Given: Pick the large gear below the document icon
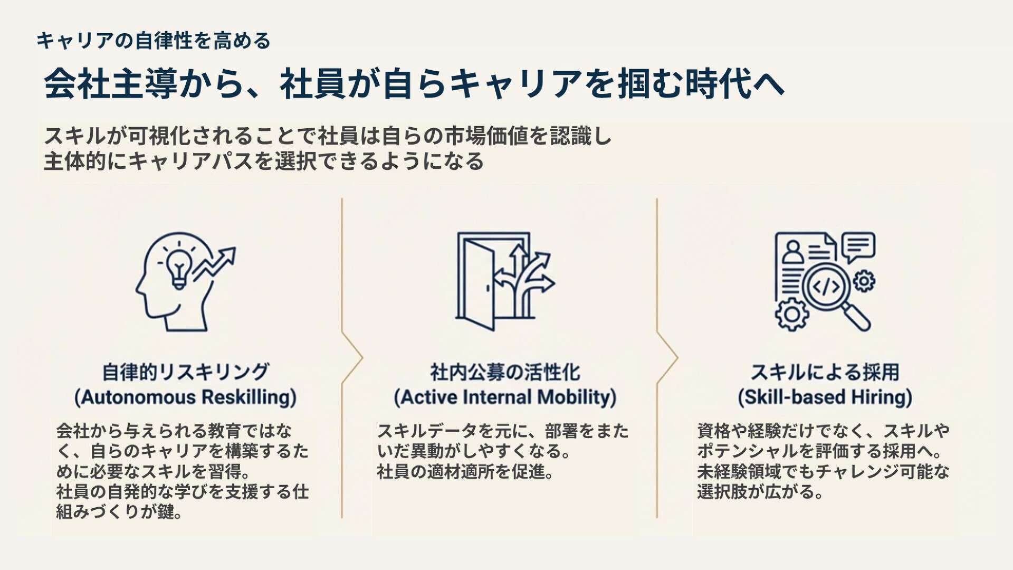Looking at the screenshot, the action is coord(791,314).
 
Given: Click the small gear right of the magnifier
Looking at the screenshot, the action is coord(864,280).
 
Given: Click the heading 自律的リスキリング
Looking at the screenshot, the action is coord(186,372).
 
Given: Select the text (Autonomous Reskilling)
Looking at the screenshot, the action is coord(186,397).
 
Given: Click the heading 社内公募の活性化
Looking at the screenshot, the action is coord(505,372).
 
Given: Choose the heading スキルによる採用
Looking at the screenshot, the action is coord(825,372).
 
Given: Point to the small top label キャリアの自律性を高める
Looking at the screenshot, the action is coord(153,41).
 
